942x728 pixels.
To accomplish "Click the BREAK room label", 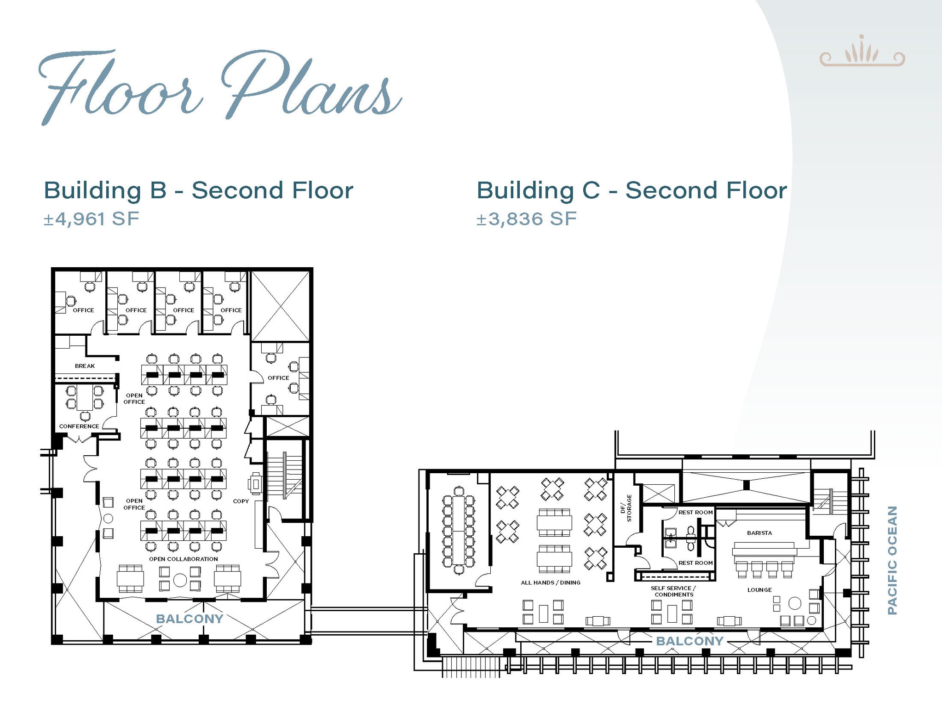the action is tap(85, 366).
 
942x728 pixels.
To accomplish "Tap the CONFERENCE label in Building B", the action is tap(79, 426).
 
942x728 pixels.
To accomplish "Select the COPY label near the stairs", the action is tap(241, 501).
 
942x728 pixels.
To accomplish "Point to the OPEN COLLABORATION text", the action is tap(184, 559).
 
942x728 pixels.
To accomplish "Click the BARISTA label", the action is tap(759, 533).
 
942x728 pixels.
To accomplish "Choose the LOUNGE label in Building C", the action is tap(759, 590).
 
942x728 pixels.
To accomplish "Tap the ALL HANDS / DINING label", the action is tap(551, 583).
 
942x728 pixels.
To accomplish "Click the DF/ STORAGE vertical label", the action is tap(626, 508).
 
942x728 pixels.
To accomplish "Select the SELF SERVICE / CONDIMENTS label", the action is tap(673, 591).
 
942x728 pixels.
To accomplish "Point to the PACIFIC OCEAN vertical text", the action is tap(892, 560).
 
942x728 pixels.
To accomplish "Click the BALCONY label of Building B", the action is tap(190, 619).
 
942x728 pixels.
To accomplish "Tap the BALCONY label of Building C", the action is tap(690, 641).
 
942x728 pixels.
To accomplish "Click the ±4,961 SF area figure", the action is tap(91, 219).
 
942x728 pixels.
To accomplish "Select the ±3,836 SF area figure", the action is tap(526, 219).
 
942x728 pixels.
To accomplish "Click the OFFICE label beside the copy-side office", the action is tap(278, 378).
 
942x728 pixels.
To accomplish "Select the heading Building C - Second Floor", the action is tap(632, 190).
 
